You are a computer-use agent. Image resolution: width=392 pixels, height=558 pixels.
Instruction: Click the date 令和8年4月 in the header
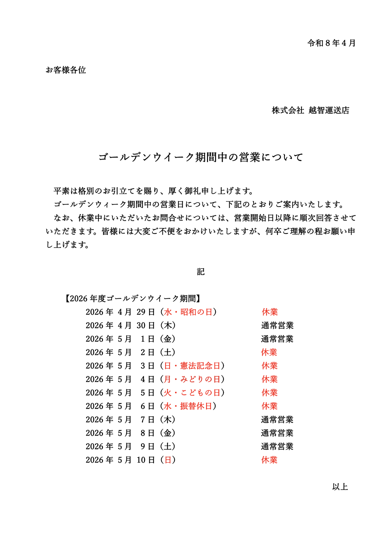point(331,43)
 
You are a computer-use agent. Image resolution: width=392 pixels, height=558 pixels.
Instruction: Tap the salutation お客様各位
point(66,70)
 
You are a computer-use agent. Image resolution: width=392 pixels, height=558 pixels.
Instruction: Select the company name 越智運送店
point(329,110)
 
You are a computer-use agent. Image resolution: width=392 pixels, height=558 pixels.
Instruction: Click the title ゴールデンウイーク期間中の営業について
point(201,157)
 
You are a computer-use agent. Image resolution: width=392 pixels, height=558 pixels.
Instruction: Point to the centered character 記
point(201,272)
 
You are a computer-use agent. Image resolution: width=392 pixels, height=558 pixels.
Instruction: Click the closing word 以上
point(340,487)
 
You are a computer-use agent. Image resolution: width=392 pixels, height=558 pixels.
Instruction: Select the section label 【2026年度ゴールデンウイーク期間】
point(132,299)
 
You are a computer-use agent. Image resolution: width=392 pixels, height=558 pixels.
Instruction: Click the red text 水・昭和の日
point(188,312)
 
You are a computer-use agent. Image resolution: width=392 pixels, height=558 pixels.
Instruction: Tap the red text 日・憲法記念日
point(192,366)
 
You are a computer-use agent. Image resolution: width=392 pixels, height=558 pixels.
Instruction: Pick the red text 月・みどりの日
point(192,379)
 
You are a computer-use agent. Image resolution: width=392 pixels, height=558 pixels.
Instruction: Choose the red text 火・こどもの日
point(192,393)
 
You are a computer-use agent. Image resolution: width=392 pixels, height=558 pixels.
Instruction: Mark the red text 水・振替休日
point(188,406)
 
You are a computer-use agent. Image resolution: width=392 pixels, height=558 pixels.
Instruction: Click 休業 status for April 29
point(270,312)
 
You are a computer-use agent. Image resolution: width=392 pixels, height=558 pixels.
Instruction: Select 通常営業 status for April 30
point(277,325)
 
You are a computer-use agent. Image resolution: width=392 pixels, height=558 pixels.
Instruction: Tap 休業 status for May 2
point(269,352)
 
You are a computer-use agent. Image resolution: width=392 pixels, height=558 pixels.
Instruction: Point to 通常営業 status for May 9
point(277,446)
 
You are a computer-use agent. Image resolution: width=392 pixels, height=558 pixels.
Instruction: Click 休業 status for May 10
point(269,460)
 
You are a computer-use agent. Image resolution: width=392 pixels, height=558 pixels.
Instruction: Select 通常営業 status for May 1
point(277,339)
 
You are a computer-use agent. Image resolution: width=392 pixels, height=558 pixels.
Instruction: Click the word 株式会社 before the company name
point(288,110)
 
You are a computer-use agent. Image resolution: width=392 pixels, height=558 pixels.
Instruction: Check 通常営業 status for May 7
point(277,420)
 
